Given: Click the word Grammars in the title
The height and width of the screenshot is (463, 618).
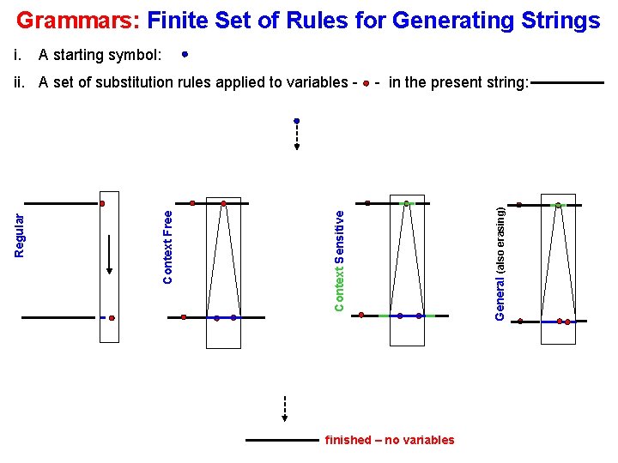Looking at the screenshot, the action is pos(78,20).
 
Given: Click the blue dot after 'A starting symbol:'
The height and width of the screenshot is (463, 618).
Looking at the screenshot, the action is pos(185,54).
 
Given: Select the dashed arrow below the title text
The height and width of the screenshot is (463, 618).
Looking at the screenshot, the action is pos(296,135).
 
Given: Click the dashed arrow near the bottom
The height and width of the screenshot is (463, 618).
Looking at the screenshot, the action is pos(284,409).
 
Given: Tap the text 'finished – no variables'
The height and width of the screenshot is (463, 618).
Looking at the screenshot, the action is pos(390,440).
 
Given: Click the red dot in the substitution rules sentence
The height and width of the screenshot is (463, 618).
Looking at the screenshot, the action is pos(367,83).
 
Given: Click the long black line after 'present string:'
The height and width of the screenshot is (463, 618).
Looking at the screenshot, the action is pos(567,83).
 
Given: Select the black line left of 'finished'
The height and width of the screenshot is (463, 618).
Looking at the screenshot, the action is pos(282,440).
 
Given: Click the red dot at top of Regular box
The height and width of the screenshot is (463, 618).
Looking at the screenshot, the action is pos(102,204).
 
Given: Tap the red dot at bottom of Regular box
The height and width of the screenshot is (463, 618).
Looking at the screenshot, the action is pos(112,317).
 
